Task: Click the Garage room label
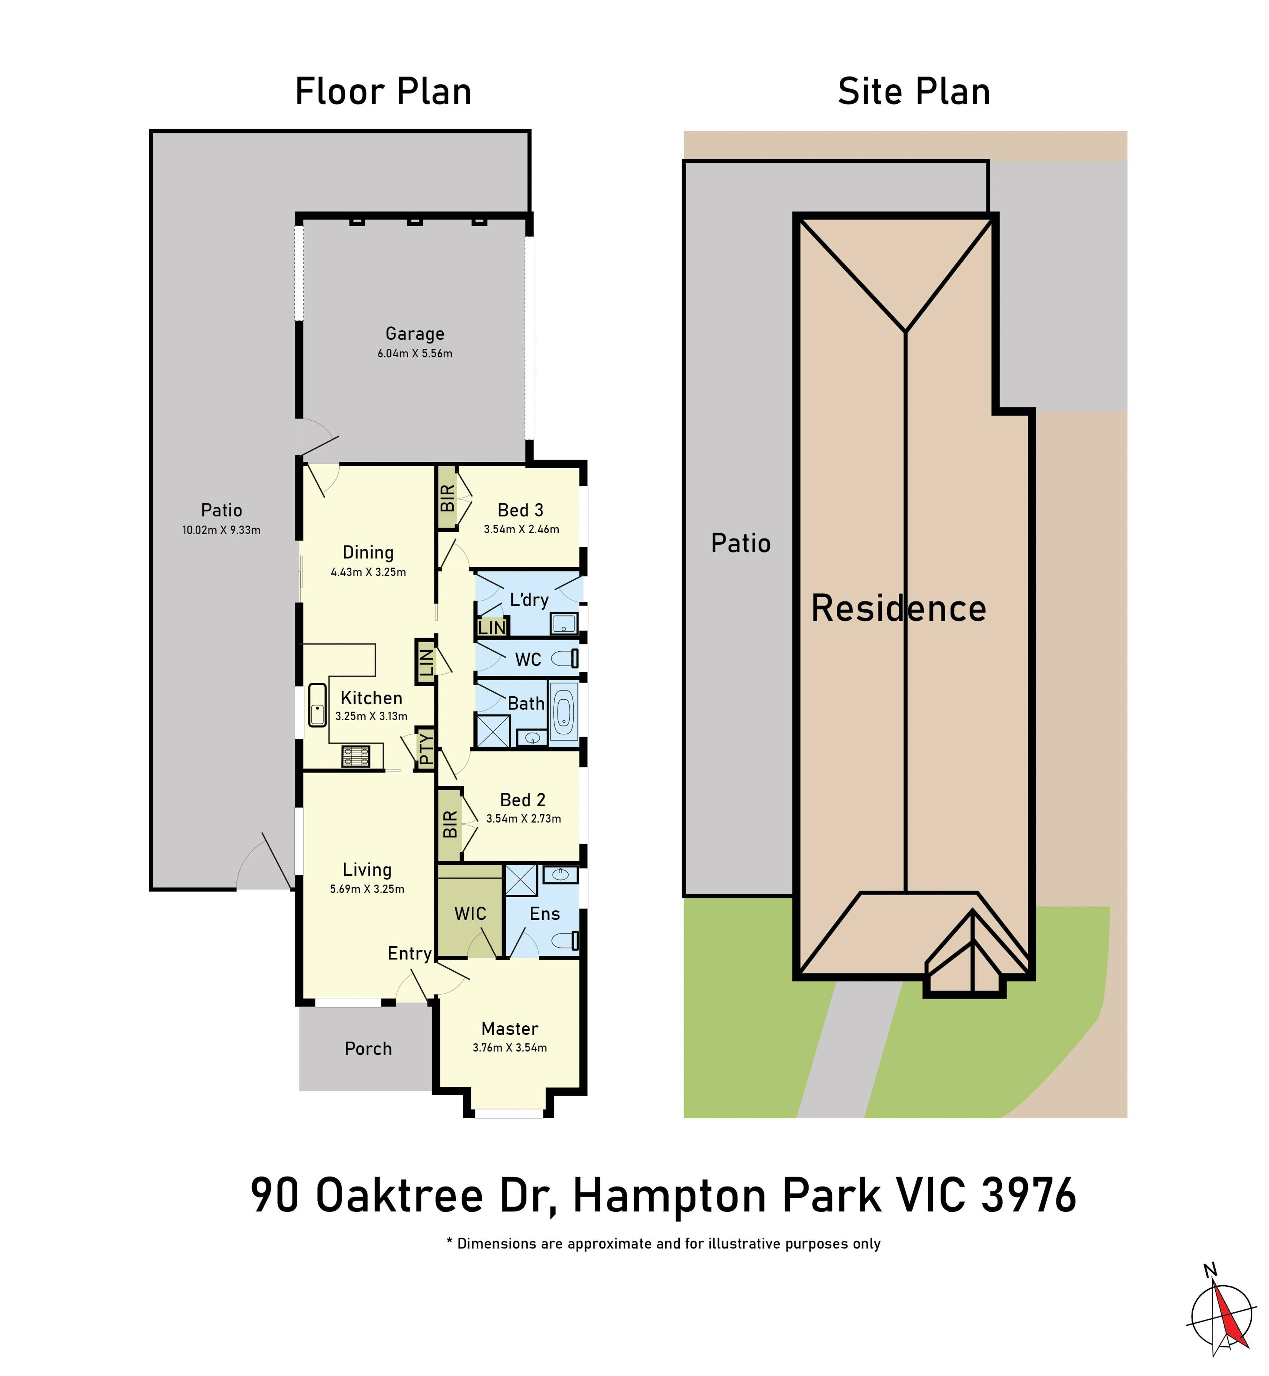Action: coord(415,334)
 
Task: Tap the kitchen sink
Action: coord(317,705)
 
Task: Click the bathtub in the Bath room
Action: coord(564,712)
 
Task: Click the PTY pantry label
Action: coord(426,749)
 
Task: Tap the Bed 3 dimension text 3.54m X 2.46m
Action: coord(521,529)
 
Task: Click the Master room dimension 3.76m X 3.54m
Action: coord(509,1048)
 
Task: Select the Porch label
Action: coord(368,1049)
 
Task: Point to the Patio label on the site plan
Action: coord(741,543)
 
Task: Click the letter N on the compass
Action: coord(1211,1269)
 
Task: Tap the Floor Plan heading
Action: coord(383,91)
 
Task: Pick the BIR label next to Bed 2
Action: coord(450,824)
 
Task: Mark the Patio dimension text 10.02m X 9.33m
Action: coord(221,530)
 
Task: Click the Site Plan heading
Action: coord(914,91)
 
